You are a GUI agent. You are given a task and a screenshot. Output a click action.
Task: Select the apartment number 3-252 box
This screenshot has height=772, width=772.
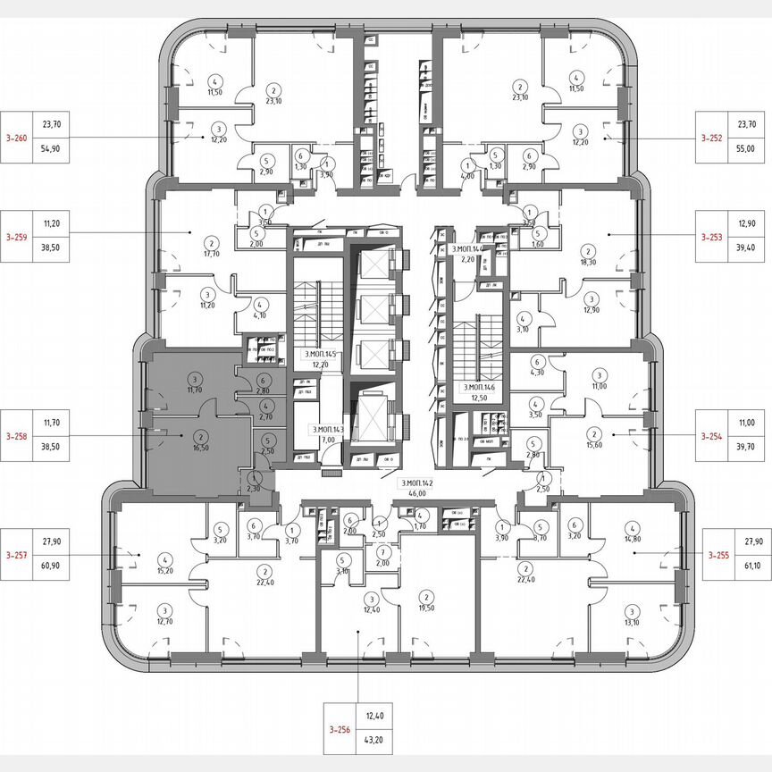[711, 138]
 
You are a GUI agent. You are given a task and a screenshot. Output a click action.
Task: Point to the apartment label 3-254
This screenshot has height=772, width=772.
[711, 435]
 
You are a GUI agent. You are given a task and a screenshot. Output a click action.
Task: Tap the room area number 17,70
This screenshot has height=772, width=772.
[212, 253]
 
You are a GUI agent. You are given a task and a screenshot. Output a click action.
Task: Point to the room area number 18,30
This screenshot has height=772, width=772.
[588, 262]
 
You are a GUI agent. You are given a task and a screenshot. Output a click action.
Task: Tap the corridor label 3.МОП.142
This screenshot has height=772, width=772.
[418, 482]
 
